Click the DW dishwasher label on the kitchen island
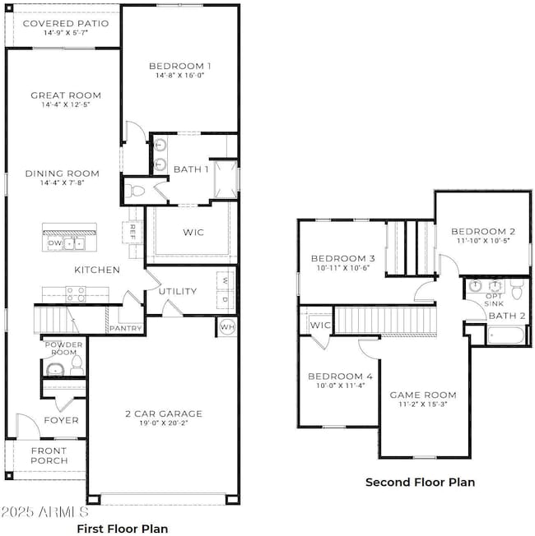click(55, 243)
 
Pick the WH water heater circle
click(227, 327)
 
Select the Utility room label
click(177, 291)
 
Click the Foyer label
click(62, 420)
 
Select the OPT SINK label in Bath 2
click(494, 299)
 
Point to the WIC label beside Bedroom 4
click(319, 326)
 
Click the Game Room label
click(422, 395)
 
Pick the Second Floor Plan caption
click(420, 483)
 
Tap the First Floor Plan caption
click(122, 529)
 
